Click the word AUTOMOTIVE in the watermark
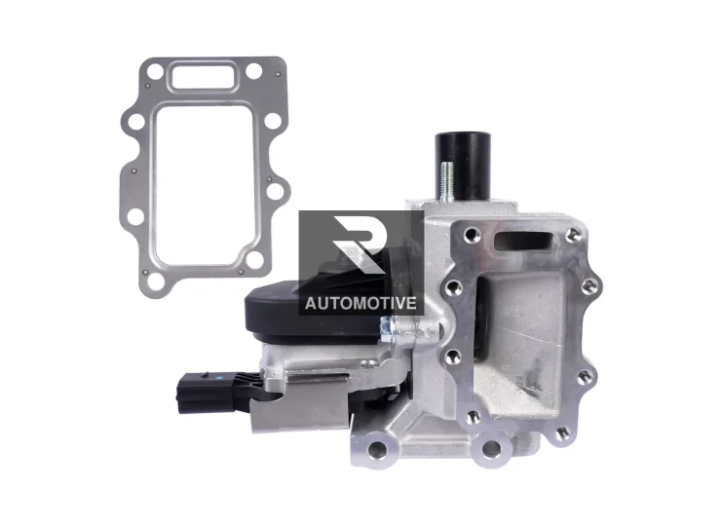(x=361, y=303)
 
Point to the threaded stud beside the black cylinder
(x=447, y=181)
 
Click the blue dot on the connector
(x=218, y=377)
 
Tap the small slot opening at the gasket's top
(x=203, y=76)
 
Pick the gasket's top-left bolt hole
(x=154, y=71)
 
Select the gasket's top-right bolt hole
(x=253, y=70)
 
